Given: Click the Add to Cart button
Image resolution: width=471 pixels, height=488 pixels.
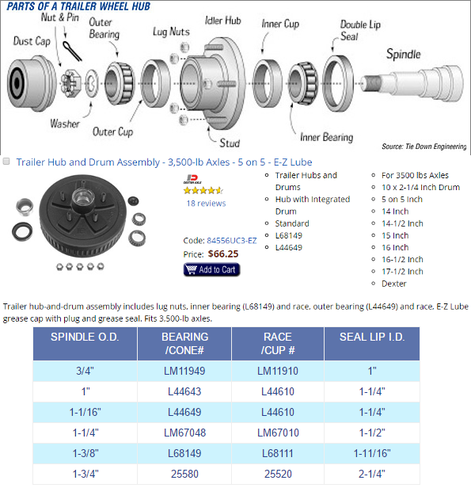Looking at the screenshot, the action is click(211, 269).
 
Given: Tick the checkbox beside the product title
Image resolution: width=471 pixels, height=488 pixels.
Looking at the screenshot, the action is click(6, 162).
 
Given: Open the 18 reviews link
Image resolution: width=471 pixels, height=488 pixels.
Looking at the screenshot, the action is click(206, 204).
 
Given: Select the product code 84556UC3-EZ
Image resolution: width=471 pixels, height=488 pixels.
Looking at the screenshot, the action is click(232, 241).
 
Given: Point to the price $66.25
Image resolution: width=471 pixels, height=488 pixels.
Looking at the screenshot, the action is click(223, 254).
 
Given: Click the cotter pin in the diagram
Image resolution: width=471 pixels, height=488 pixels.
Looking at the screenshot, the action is click(72, 51).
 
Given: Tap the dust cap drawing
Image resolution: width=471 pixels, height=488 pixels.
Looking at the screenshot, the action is click(31, 83).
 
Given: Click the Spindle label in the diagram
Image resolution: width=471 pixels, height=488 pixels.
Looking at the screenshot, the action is click(403, 54).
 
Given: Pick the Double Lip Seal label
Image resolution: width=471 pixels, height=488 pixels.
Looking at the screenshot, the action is click(360, 30).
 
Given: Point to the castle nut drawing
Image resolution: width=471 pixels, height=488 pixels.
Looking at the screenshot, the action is click(71, 83).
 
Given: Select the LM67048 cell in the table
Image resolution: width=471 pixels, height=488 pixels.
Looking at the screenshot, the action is click(184, 433).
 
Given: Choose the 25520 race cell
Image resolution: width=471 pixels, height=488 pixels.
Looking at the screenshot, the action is click(278, 474).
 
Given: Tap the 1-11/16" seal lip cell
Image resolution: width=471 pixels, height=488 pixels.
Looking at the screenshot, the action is click(372, 453).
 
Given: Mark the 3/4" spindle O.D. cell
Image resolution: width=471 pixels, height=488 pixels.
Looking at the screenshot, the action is click(85, 371).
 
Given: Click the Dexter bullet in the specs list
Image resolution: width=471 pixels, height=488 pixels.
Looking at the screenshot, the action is click(394, 284).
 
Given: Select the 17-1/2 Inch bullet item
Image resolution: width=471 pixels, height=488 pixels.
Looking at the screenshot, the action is click(402, 272).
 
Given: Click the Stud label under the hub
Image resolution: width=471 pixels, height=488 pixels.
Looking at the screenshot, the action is click(230, 143).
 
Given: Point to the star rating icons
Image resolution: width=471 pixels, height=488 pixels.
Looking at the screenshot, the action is click(203, 190).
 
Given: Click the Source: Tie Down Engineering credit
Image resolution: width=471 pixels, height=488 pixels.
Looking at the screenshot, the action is click(424, 147).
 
